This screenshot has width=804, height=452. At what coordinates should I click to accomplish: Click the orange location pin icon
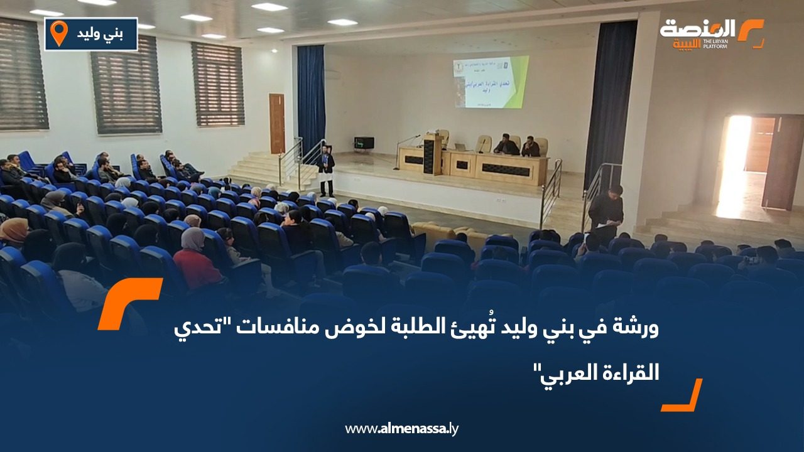(59, 33)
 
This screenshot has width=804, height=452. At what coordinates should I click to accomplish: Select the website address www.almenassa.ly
(401, 429)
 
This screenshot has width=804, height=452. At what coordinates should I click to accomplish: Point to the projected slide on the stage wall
(491, 82)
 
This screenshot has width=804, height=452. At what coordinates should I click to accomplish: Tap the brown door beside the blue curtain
(277, 124)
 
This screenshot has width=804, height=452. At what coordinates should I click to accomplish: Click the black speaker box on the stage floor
(364, 143)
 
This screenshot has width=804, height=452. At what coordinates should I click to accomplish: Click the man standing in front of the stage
(325, 170)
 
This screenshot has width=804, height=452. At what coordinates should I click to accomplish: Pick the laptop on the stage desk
(462, 147)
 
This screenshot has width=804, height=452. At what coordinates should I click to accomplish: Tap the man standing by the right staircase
(606, 211)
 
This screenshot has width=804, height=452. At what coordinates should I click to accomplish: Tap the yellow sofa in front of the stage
(452, 234)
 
